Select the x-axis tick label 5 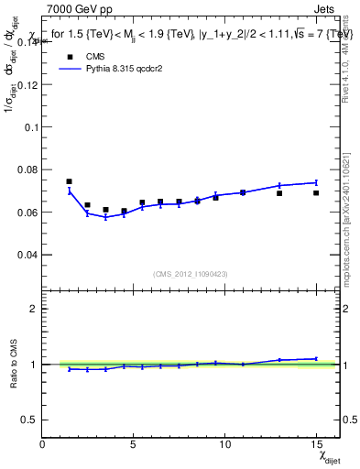pyautogui.click(x=134, y=443)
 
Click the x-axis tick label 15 pyautogui.click(x=316, y=443)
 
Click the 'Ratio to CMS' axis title pyautogui.click(x=13, y=364)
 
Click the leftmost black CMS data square pyautogui.click(x=70, y=181)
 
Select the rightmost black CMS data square pyautogui.click(x=316, y=192)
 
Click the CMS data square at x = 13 pyautogui.click(x=279, y=193)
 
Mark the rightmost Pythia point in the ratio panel pyautogui.click(x=316, y=358)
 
